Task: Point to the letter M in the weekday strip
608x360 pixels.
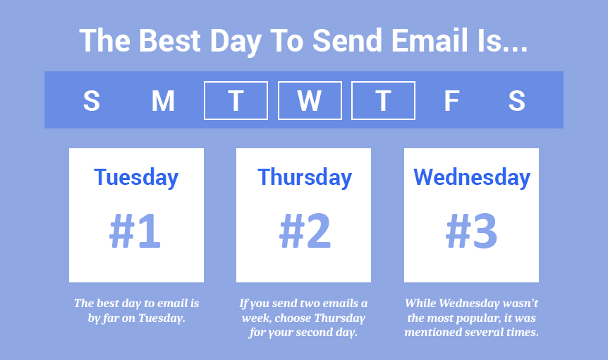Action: [163, 101]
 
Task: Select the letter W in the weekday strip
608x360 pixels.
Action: [309, 101]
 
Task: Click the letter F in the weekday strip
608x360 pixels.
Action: [451, 101]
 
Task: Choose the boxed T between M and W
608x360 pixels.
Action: [236, 101]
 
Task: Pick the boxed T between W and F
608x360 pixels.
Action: [383, 101]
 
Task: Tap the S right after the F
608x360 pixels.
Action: [516, 101]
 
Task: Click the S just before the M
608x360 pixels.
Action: [91, 101]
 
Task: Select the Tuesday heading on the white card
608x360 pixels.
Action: [136, 177]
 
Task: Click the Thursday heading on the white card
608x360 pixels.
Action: [304, 177]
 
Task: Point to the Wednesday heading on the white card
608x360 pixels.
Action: [471, 177]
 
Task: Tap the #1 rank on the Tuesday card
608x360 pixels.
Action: [135, 232]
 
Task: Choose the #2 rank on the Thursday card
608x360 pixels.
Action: [305, 232]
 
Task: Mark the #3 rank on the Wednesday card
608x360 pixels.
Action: [471, 232]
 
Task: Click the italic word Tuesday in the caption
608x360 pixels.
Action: [162, 318]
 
